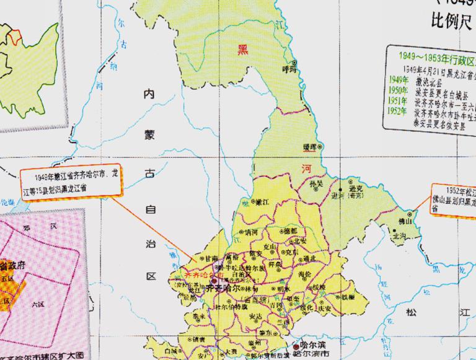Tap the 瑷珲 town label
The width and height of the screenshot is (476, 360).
(310, 147)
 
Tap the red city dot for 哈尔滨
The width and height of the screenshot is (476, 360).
(295, 348)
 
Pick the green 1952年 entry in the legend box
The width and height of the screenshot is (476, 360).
(399, 112)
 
